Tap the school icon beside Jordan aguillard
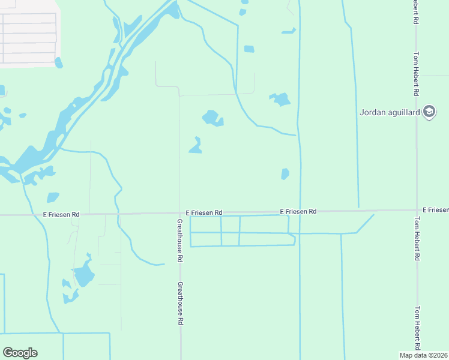click(429, 112)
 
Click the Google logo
click(20, 353)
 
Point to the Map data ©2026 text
click(424, 355)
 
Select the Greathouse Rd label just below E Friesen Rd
click(179, 241)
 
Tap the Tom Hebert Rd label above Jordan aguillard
click(415, 74)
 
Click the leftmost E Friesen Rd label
click(61, 214)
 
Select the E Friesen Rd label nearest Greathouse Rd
click(204, 212)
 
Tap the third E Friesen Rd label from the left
click(298, 212)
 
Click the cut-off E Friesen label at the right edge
click(435, 209)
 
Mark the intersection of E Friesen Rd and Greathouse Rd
click(180, 212)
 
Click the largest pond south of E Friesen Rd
click(83, 275)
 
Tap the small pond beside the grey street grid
click(59, 62)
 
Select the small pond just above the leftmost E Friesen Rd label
click(53, 197)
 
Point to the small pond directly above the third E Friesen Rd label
click(285, 174)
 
